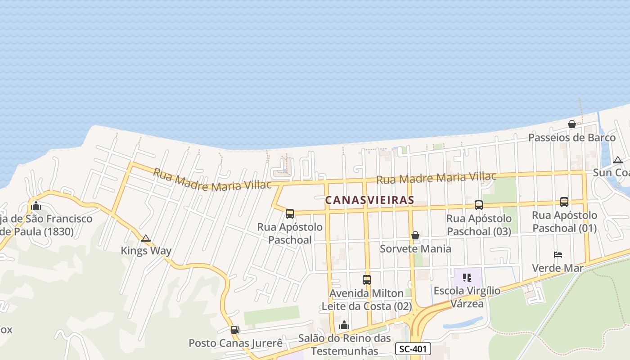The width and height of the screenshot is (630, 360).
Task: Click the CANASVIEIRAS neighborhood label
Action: click(369, 200)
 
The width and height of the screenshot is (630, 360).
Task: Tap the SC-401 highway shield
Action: click(413, 348)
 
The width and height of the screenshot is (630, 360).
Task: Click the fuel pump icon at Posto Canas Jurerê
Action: click(235, 330)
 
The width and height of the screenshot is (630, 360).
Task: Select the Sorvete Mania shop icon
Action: click(415, 235)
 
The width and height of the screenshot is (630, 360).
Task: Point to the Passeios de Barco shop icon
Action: click(571, 124)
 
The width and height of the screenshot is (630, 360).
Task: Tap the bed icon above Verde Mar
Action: click(558, 255)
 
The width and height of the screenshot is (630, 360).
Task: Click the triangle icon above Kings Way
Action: click(145, 238)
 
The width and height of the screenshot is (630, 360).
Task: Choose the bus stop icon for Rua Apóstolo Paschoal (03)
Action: click(479, 205)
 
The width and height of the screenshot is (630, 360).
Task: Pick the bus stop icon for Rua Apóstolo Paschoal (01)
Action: click(564, 202)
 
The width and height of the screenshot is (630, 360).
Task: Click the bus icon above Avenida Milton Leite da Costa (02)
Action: click(367, 280)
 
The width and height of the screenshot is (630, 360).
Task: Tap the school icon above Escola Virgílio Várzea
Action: click(467, 278)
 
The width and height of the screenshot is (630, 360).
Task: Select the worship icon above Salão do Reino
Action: click(344, 325)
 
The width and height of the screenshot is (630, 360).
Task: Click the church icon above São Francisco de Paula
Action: click(36, 206)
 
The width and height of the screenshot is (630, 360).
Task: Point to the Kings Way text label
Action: click(146, 251)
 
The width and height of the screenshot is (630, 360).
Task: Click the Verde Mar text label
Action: click(558, 268)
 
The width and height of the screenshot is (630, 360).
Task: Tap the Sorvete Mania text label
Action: click(415, 249)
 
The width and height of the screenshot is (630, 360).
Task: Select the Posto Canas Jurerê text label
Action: click(235, 343)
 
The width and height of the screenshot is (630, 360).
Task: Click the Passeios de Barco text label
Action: click(571, 138)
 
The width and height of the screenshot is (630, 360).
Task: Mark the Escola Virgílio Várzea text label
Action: click(467, 297)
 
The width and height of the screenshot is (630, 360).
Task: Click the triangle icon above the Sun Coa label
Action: click(618, 160)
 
